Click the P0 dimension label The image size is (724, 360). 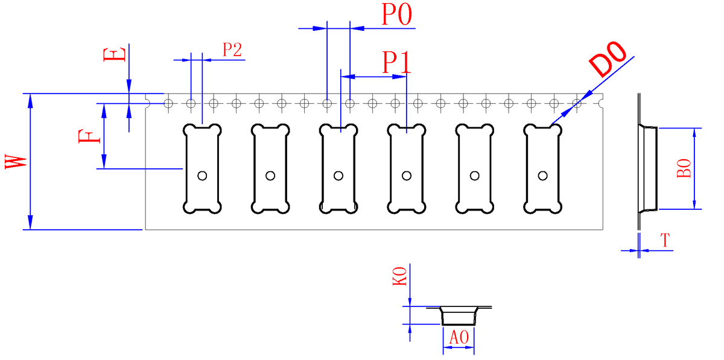point(397,14)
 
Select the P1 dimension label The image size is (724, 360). point(396,62)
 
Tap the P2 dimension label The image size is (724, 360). point(232,50)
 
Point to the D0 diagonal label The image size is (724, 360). point(608,59)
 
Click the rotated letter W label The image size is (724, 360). point(16,162)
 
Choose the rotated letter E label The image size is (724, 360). point(115,54)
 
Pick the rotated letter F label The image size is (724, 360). point(89,136)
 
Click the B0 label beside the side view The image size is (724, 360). point(684,168)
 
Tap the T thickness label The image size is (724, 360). point(665,241)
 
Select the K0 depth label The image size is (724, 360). point(399,276)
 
